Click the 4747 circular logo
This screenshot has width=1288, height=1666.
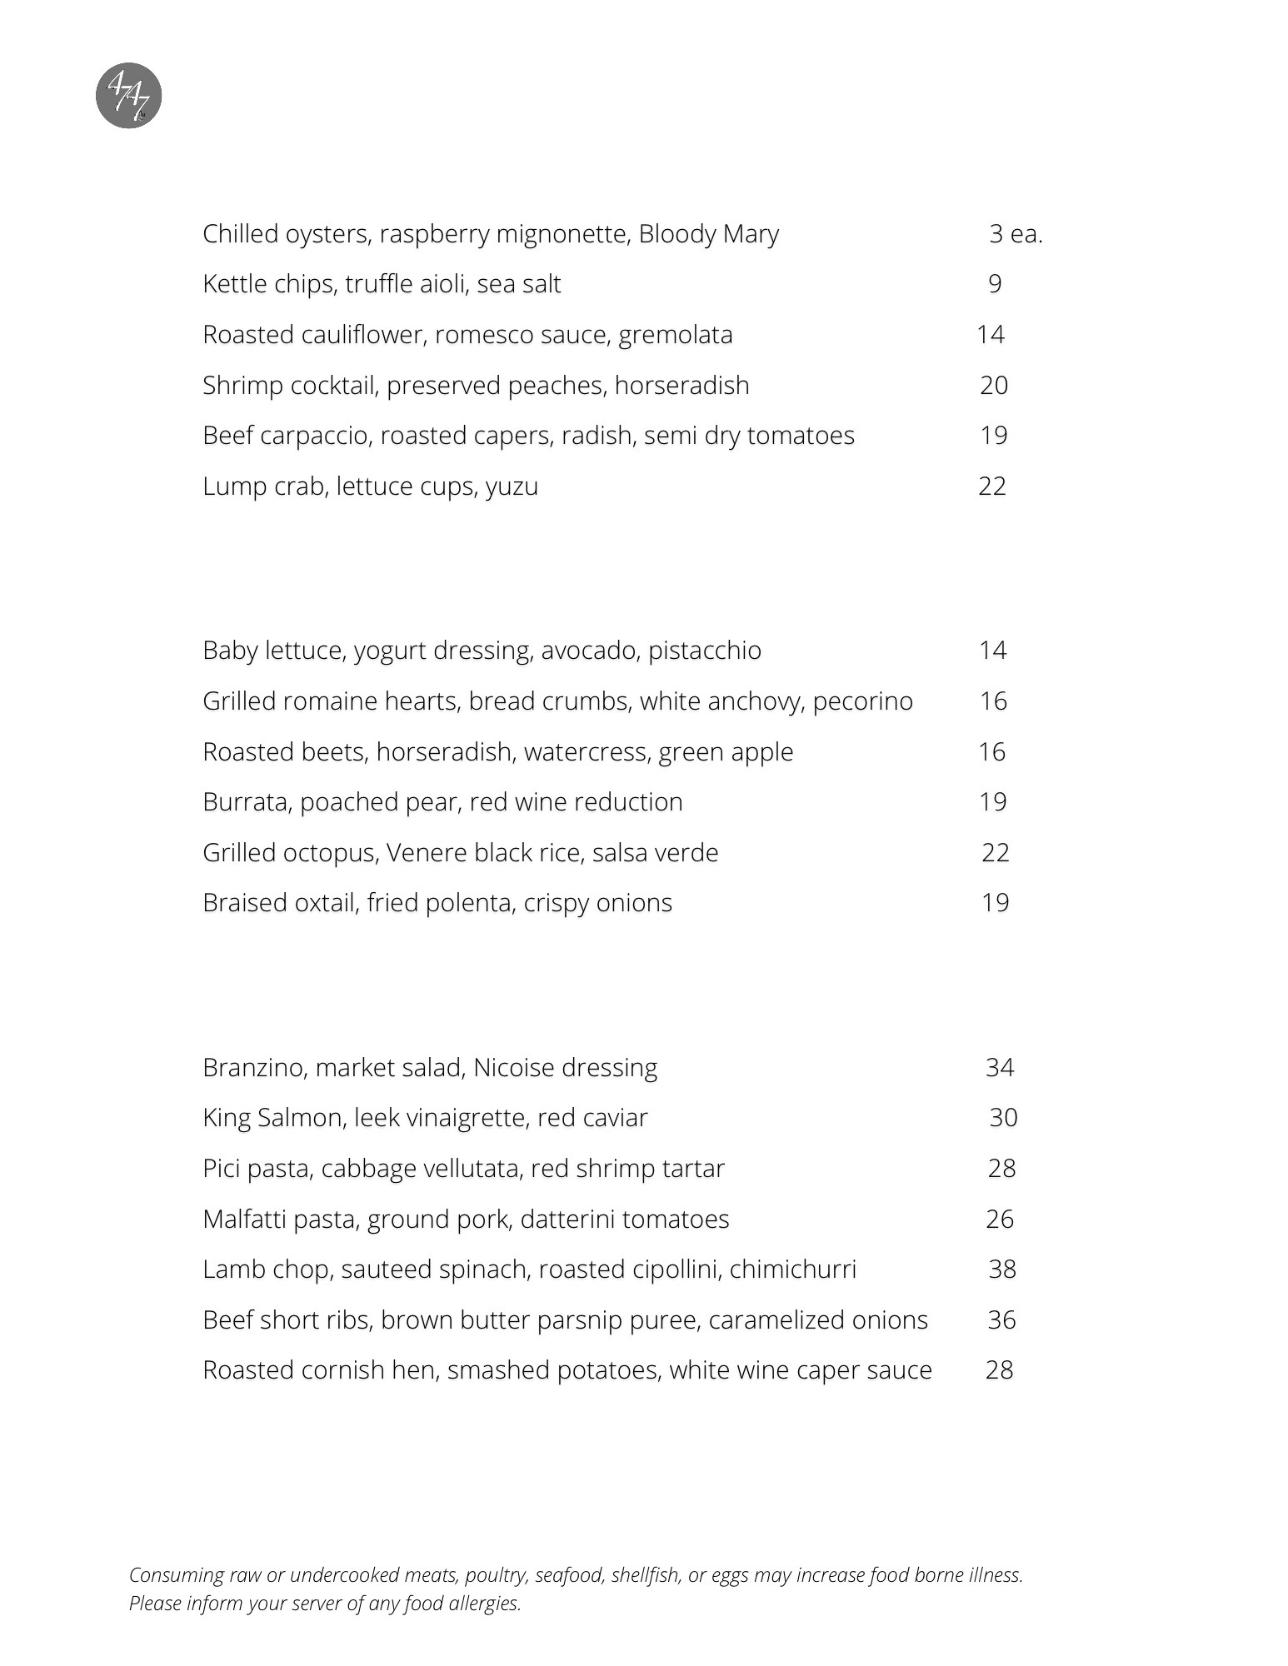tap(128, 96)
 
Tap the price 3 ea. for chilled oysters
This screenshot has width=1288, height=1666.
tap(1016, 234)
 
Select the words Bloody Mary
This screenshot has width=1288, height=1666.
tap(708, 234)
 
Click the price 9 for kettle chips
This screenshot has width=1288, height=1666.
tap(995, 284)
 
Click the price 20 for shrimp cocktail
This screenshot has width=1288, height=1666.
tap(994, 385)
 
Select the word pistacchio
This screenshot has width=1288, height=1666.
tap(705, 651)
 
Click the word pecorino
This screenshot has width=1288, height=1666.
tap(862, 701)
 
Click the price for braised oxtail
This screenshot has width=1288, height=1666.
tap(996, 903)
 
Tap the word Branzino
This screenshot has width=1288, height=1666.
tap(255, 1068)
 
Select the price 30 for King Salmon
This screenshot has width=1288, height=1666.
tap(1003, 1118)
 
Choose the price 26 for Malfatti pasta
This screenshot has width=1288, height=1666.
tap(1000, 1220)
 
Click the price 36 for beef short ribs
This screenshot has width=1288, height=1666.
tap(1001, 1320)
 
